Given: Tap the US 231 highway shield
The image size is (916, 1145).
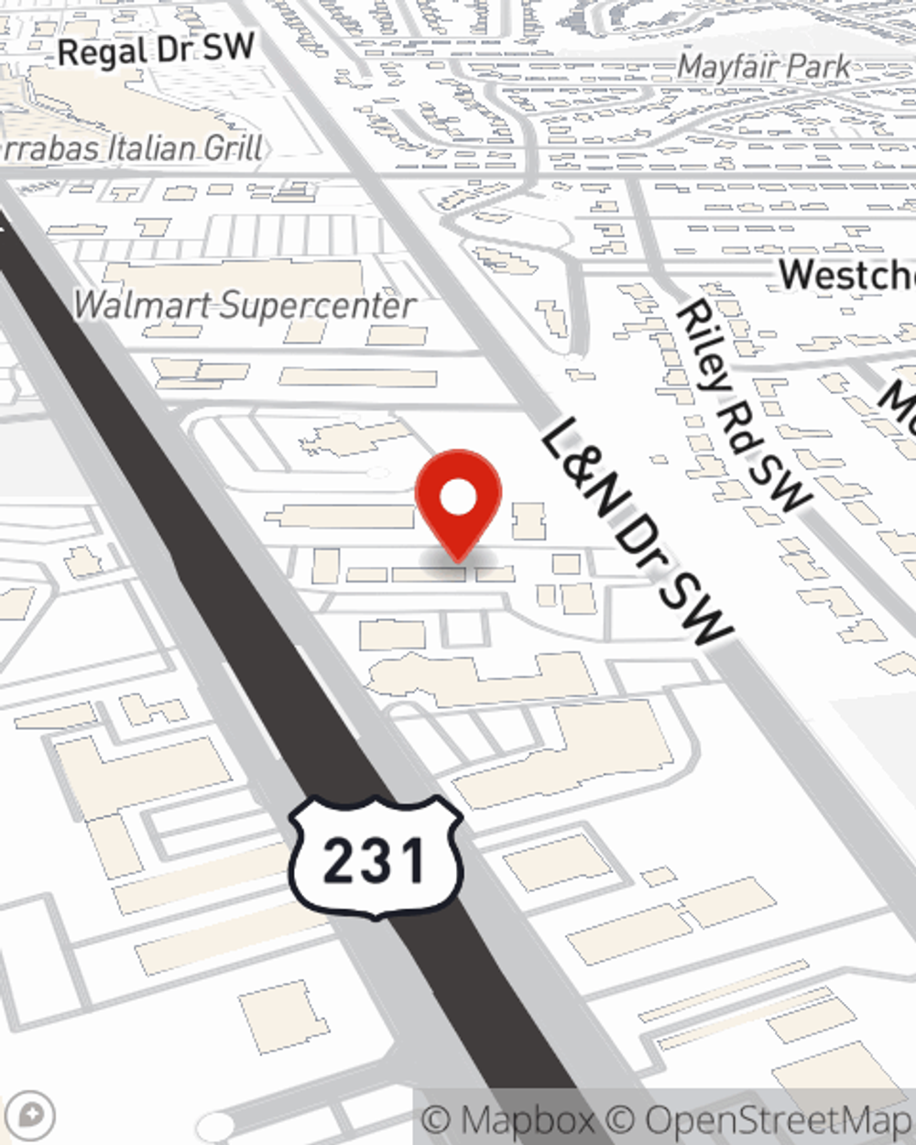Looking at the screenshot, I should (375, 857).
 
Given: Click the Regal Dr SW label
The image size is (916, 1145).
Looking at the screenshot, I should (156, 49).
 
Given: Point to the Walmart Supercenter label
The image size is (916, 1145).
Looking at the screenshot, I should (245, 305).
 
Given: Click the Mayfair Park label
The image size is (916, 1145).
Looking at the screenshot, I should (765, 67).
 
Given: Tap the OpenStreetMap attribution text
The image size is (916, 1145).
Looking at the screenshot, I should (779, 1120).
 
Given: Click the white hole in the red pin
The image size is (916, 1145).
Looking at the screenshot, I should (458, 498).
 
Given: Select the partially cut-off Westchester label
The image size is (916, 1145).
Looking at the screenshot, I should (847, 275).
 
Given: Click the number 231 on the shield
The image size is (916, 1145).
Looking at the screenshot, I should (375, 861).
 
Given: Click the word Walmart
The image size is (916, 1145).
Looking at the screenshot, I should (141, 305).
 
